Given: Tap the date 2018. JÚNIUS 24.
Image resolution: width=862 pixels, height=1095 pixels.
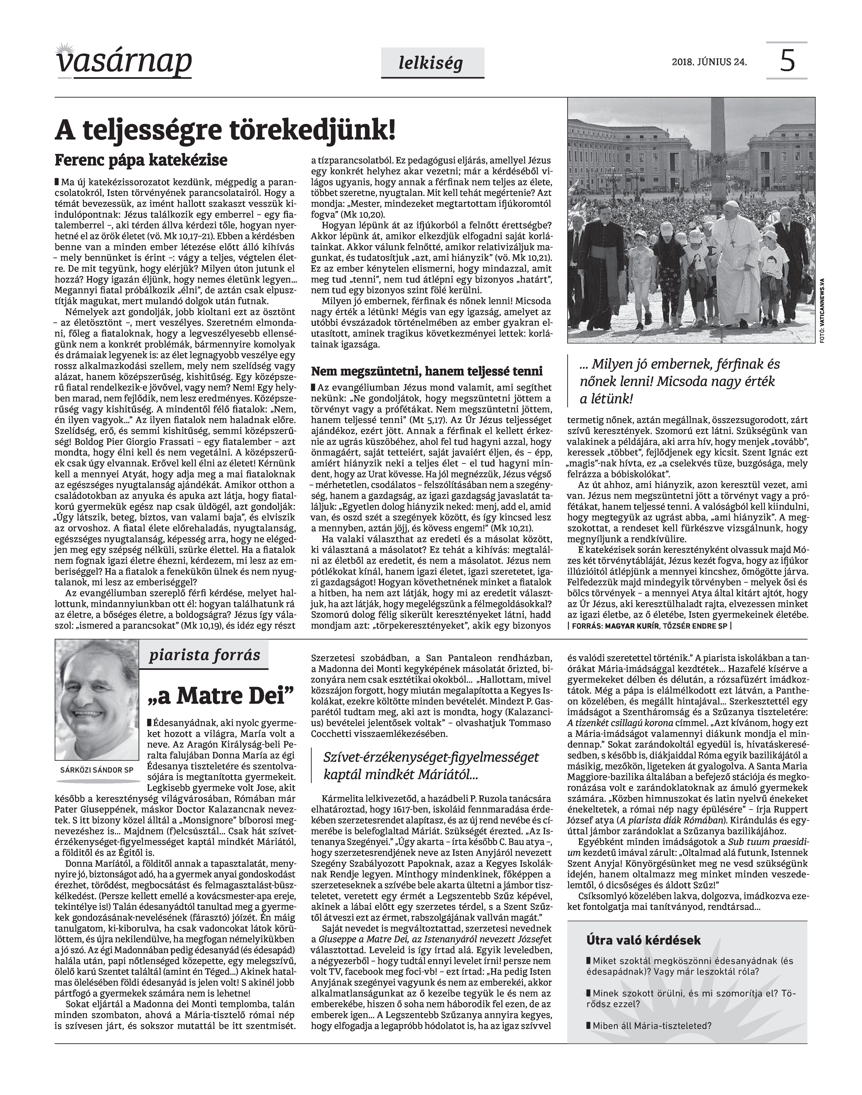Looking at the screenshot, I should pos(709,63).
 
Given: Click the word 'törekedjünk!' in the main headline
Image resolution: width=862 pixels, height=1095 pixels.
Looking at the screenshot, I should pos(313,130).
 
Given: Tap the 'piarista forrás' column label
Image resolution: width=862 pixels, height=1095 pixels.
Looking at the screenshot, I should pos(204,655).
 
